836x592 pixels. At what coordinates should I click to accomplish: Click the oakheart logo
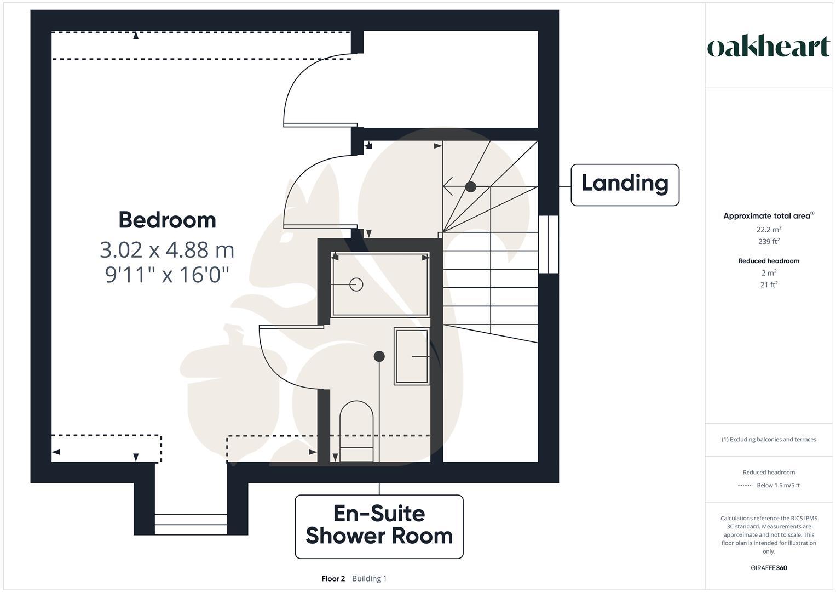(769, 47)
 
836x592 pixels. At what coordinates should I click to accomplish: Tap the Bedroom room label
(167, 220)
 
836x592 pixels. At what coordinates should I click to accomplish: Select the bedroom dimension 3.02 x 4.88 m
(167, 249)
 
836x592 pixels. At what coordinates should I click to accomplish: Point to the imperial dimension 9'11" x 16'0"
(167, 274)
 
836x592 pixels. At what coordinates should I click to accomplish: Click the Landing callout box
(625, 185)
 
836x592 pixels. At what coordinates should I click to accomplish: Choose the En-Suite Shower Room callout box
(379, 526)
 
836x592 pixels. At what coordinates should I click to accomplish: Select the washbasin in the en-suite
(412, 356)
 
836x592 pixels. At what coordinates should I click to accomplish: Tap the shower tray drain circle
(356, 284)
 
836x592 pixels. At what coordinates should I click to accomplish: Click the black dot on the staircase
(470, 187)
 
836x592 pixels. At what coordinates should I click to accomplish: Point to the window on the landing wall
(548, 244)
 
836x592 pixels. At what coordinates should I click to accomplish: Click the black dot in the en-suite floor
(379, 356)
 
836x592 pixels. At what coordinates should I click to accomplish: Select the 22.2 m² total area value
(769, 230)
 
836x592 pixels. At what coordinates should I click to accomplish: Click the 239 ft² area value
(769, 241)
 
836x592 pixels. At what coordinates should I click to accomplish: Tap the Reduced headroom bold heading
(769, 261)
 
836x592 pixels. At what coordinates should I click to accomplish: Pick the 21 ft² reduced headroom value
(769, 284)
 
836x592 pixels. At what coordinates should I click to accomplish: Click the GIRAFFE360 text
(769, 568)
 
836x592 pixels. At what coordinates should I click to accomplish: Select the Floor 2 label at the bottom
(333, 578)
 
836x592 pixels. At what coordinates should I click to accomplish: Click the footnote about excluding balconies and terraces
(769, 439)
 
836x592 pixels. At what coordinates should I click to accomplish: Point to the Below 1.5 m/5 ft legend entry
(777, 485)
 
